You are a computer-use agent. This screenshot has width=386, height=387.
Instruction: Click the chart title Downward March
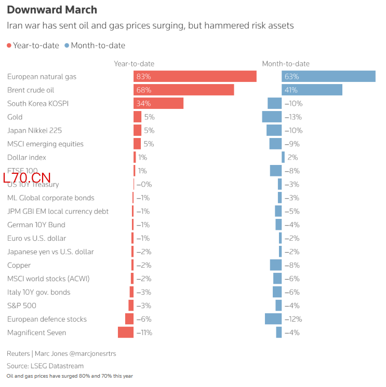[52, 10]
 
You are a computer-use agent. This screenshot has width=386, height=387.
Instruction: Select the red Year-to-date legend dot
[9, 46]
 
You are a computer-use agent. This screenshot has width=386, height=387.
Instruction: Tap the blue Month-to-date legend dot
[66, 46]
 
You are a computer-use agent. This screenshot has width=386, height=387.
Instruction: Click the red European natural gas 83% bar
[195, 76]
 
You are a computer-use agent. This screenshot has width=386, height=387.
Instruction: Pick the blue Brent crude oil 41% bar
[312, 90]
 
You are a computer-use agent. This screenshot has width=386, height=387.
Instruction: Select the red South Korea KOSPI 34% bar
[158, 103]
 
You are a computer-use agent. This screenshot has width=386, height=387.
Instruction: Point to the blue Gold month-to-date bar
[272, 117]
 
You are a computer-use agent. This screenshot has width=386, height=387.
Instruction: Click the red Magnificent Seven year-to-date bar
[126, 333]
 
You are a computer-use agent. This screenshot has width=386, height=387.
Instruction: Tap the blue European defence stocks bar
[273, 319]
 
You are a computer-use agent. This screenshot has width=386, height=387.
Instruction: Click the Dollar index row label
[26, 157]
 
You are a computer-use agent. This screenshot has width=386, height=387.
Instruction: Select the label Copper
[19, 265]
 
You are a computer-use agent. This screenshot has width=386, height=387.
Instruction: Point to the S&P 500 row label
[22, 306]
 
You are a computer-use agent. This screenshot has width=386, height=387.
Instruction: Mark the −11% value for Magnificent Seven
[144, 333]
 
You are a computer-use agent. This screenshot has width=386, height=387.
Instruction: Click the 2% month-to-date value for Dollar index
[292, 157]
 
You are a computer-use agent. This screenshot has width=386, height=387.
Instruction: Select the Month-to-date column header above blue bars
[286, 64]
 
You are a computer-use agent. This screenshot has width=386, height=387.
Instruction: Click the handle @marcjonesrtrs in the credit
[92, 354]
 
